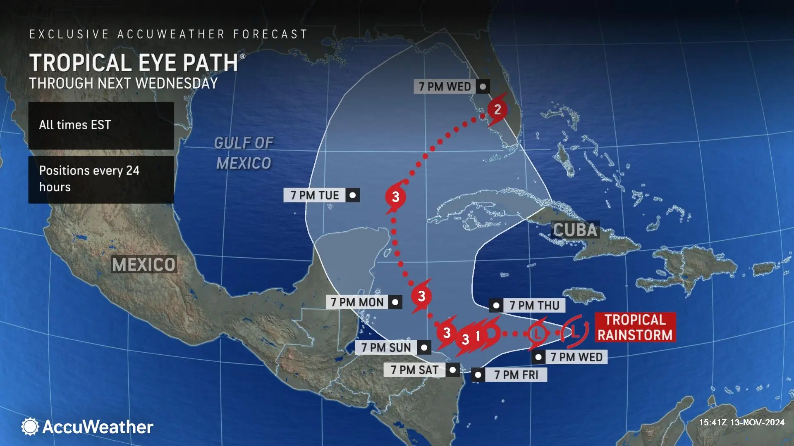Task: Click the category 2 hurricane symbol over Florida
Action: tap(497, 109)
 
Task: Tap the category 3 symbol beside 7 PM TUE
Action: tap(395, 197)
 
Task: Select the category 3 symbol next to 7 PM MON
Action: tap(421, 296)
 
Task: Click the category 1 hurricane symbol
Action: tap(478, 335)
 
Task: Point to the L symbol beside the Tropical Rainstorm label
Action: tap(575, 330)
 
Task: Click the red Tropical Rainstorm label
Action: tap(635, 327)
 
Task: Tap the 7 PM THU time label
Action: tap(534, 306)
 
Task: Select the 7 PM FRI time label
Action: tap(516, 375)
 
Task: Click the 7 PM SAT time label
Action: tap(415, 370)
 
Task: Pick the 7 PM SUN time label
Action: tap(386, 348)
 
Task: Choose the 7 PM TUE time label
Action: tap(315, 195)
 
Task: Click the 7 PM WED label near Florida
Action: tap(445, 87)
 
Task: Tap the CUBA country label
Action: tap(575, 230)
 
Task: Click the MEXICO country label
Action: tap(144, 264)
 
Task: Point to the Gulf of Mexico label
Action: tap(244, 153)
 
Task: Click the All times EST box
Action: tap(101, 125)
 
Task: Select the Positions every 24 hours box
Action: tap(101, 179)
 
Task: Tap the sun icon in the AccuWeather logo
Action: tap(30, 427)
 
